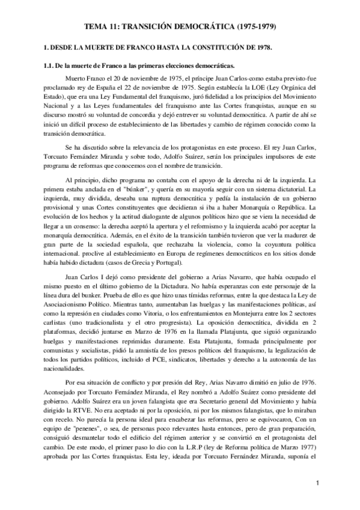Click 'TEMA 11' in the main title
click(x=99, y=28)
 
